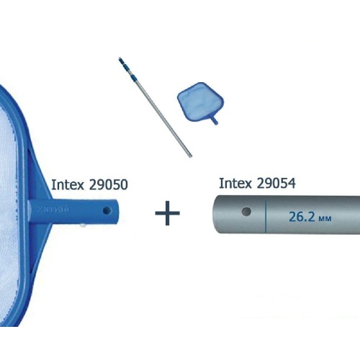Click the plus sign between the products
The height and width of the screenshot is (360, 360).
coord(167,213)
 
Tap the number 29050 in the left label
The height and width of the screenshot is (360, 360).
coord(108,185)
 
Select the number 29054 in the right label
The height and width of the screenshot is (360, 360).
coord(276,184)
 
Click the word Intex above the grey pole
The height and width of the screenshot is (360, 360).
coord(235,184)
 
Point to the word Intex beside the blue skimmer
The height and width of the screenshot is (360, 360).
coord(68,185)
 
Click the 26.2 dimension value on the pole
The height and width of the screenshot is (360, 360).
coord(302,217)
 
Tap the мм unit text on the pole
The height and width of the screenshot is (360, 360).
coord(325,219)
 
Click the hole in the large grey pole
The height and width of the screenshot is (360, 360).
coord(246,212)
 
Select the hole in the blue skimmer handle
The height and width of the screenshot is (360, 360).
coord(107,211)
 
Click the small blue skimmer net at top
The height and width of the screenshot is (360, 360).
coord(200,103)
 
